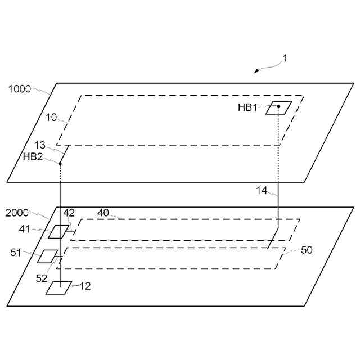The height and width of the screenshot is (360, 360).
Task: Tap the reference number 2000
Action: coord(17,213)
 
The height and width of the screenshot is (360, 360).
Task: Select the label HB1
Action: coord(248,107)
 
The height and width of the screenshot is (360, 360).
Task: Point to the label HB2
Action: coord(33,156)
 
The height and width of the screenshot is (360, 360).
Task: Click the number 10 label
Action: coord(51,118)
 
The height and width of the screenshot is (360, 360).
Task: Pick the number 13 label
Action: coord(39,145)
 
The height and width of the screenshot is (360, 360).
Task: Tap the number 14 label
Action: coord(262,190)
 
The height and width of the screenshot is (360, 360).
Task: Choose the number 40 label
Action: coord(103,213)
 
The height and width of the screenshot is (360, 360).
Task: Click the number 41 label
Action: coord(25,229)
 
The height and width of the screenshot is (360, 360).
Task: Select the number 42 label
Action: coord(69,213)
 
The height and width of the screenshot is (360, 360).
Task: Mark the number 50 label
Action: coord(307,250)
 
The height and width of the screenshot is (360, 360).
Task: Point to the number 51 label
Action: coord(16,253)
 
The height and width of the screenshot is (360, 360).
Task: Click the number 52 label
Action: coord(42,278)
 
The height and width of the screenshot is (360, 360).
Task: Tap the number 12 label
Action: coord(85,286)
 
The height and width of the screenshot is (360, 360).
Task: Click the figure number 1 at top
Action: coord(285,58)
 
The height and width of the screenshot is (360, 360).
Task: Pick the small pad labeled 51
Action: coord(48,256)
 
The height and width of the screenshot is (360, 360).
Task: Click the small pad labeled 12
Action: coord(58,287)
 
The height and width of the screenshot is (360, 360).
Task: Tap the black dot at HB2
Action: coord(60,164)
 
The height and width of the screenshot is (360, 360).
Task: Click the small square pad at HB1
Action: coord(278,107)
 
